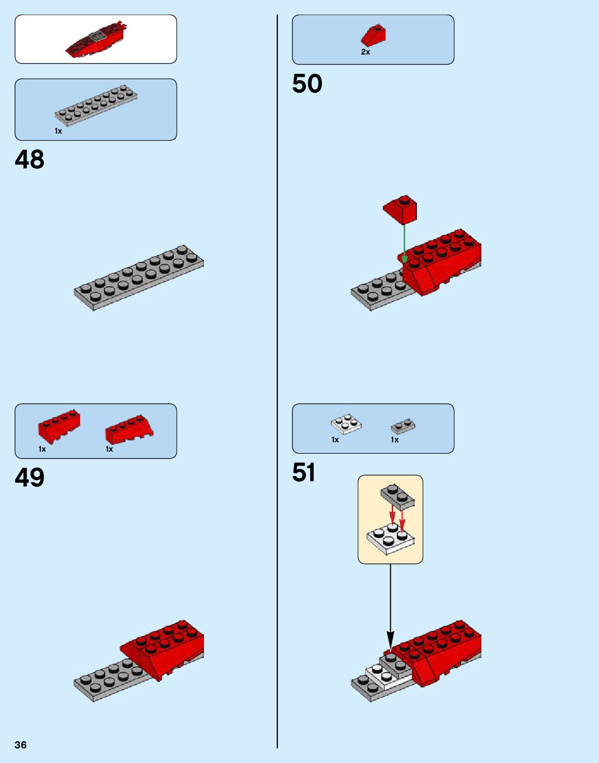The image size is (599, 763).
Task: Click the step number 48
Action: click(x=30, y=160)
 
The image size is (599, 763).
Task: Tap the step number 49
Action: click(x=30, y=477)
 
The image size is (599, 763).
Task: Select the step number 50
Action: click(x=307, y=84)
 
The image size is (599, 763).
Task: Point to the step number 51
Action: click(x=304, y=472)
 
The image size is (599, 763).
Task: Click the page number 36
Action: click(x=21, y=745)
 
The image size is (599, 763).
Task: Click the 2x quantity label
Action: click(x=365, y=52)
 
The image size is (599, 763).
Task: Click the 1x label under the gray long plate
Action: click(x=58, y=131)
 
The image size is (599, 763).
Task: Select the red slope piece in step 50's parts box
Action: click(x=374, y=35)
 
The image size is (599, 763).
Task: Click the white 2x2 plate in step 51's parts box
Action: click(x=347, y=424)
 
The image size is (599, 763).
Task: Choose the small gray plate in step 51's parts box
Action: click(x=403, y=427)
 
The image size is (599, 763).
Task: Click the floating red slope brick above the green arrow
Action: click(x=401, y=209)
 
